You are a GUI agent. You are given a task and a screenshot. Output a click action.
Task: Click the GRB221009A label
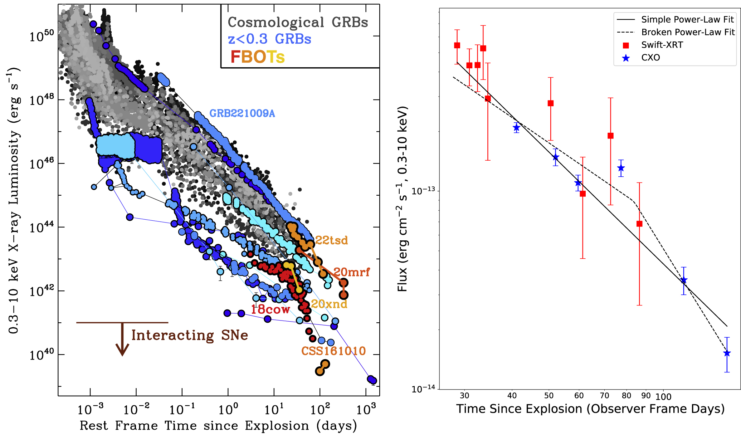click(242, 113)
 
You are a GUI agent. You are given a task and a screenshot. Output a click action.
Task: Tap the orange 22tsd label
click(331, 240)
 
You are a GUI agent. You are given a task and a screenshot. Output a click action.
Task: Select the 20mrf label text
click(351, 272)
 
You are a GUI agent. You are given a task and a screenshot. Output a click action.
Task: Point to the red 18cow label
click(270, 309)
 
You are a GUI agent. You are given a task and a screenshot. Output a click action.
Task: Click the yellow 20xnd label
click(329, 304)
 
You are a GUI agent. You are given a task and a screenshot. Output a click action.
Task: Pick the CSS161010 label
click(333, 351)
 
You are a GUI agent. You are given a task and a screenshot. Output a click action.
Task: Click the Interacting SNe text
click(190, 335)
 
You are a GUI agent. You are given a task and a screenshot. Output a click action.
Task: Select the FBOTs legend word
click(258, 57)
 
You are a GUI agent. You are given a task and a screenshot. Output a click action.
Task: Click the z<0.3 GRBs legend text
click(269, 39)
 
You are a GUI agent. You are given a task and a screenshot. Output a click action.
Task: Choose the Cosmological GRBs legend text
click(298, 22)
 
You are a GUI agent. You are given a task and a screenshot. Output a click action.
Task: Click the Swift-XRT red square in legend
click(626, 45)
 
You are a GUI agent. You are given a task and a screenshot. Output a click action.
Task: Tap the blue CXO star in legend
click(626, 58)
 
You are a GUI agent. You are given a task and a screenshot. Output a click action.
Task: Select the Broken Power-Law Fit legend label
click(688, 32)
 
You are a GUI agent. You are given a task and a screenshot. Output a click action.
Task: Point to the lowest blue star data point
click(727, 353)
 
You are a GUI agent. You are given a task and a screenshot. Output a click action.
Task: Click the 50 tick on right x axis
click(549, 396)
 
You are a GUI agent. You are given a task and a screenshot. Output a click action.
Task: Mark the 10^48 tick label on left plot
click(42, 100)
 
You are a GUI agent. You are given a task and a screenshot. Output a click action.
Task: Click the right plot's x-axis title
click(590, 409)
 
